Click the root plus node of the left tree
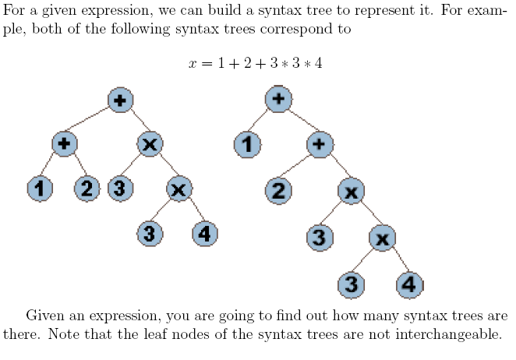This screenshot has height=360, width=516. [x=121, y=100]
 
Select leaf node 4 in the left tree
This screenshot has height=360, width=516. [x=205, y=234]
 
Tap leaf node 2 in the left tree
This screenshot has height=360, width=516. [x=87, y=189]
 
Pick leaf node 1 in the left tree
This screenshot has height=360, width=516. [x=40, y=189]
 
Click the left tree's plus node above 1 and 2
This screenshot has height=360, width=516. [x=65, y=144]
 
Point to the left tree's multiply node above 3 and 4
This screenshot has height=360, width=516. [x=179, y=189]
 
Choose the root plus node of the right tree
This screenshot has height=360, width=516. [x=278, y=99]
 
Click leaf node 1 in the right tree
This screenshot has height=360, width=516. [x=247, y=144]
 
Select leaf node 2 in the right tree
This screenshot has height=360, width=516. [x=278, y=191]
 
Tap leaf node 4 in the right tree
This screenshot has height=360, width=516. [x=410, y=285]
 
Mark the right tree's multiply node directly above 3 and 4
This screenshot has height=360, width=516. [x=382, y=238]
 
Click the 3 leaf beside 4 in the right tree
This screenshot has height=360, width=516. [x=352, y=285]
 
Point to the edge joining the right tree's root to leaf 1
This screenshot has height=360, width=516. [x=259, y=121]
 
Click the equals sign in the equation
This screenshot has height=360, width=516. [x=207, y=63]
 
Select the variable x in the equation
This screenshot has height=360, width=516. [x=193, y=63]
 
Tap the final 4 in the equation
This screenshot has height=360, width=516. [x=318, y=62]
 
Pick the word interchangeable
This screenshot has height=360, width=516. [x=448, y=334]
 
